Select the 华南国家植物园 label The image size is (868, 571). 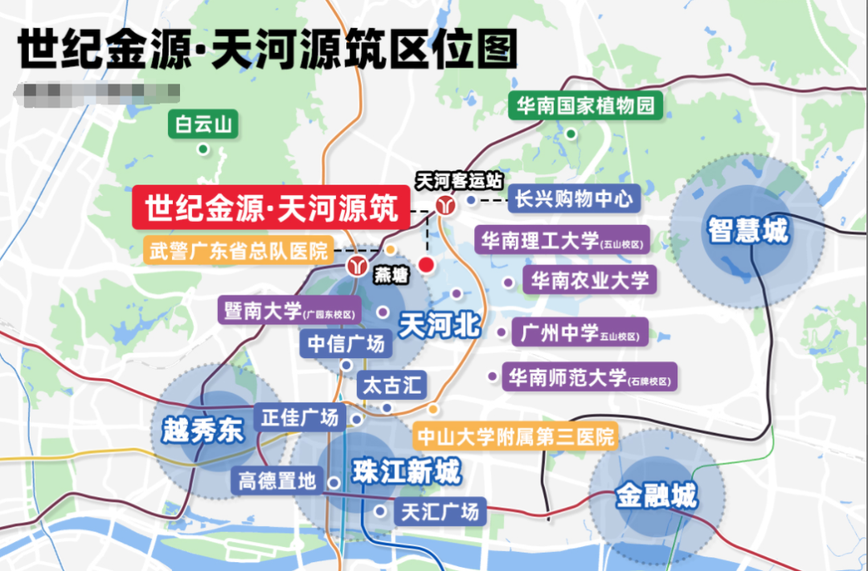click(x=585, y=106)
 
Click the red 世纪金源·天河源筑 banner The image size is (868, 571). click(x=272, y=210)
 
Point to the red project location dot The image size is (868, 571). click(x=427, y=264)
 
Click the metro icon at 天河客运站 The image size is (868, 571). click(x=444, y=205)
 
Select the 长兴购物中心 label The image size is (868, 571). click(x=575, y=198)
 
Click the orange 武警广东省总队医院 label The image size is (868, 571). click(x=239, y=250)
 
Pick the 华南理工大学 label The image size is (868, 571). click(x=563, y=240)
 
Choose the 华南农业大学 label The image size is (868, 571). click(x=590, y=279)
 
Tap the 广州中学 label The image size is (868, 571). click(x=579, y=332)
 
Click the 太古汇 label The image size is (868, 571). click(x=391, y=384)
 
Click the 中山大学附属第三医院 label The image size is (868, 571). click(x=514, y=436)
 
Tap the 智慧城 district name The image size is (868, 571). click(x=748, y=231)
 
